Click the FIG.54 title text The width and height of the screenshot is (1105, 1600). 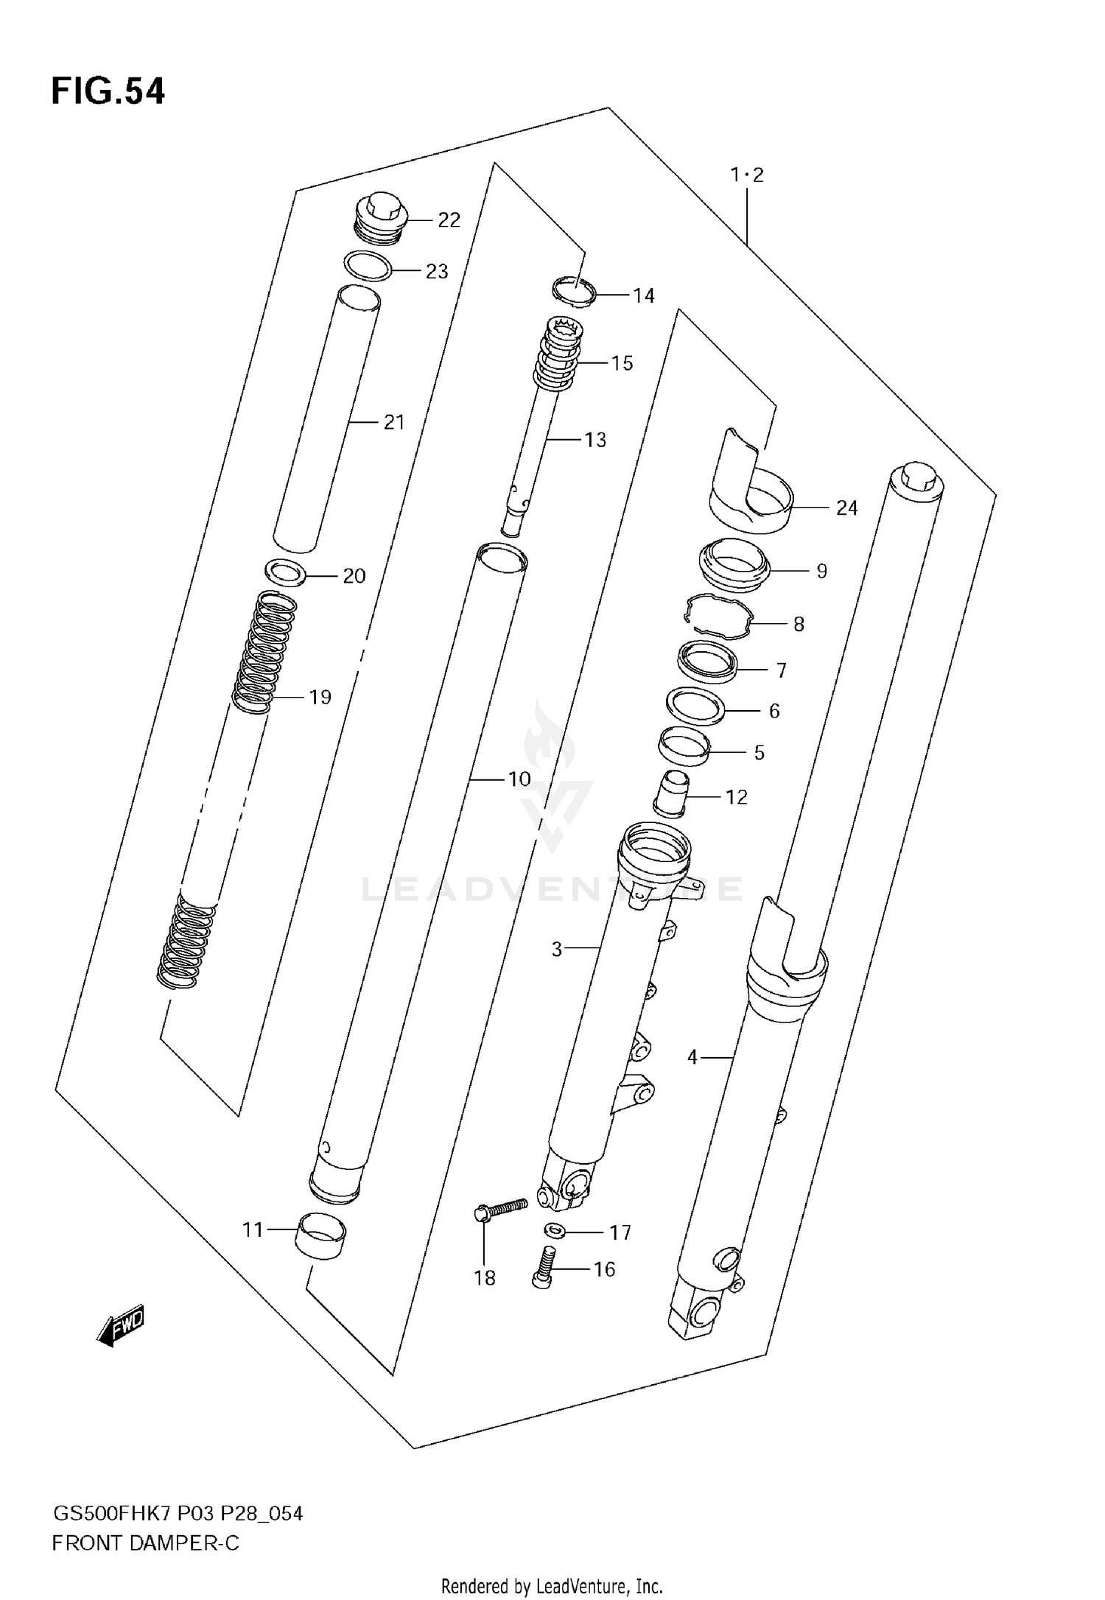(x=108, y=91)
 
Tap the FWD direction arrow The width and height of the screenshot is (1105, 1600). (x=121, y=1327)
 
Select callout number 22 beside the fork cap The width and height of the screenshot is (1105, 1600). (x=449, y=220)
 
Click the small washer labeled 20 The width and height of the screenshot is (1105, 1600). (x=285, y=572)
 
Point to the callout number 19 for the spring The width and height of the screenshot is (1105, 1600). (x=320, y=697)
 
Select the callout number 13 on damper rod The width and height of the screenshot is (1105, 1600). (x=594, y=440)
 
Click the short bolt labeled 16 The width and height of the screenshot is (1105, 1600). (x=544, y=1266)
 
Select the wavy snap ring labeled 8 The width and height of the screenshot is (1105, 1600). (x=718, y=617)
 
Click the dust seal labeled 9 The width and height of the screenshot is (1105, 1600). (x=734, y=564)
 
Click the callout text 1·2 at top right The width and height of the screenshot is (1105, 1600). (x=747, y=175)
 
